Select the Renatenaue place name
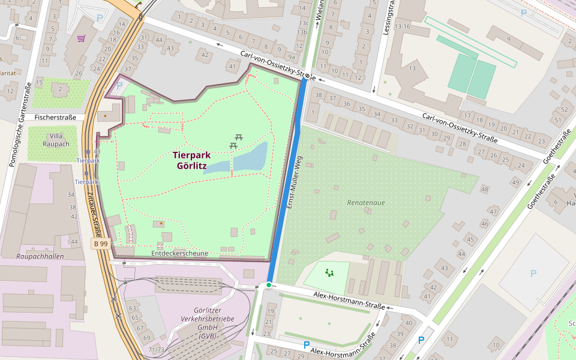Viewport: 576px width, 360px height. pos(366,203)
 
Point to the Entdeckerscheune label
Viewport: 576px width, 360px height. pos(179,253)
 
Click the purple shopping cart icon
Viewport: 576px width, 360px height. pos(81,38)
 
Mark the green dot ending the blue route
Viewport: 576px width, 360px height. pos(269,284)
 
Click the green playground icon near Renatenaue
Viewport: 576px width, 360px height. pos(329,273)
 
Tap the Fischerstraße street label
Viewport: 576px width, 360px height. pos(55,118)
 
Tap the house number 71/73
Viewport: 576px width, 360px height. pos(156,349)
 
